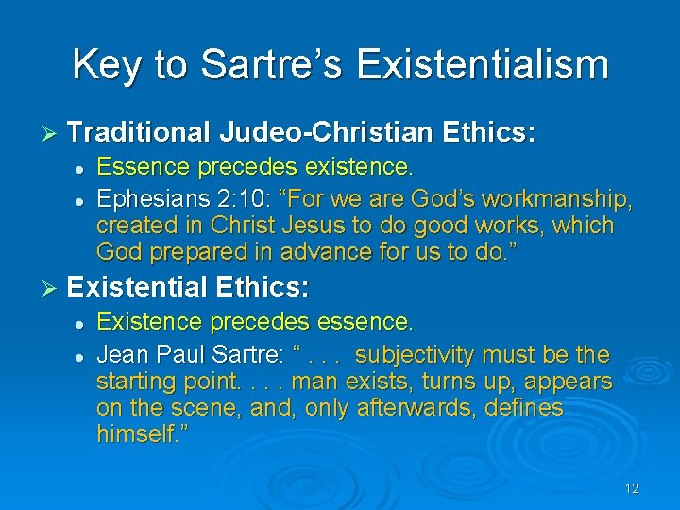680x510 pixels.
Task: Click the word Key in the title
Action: [x=105, y=65]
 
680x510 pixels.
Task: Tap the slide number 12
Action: [x=632, y=488]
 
